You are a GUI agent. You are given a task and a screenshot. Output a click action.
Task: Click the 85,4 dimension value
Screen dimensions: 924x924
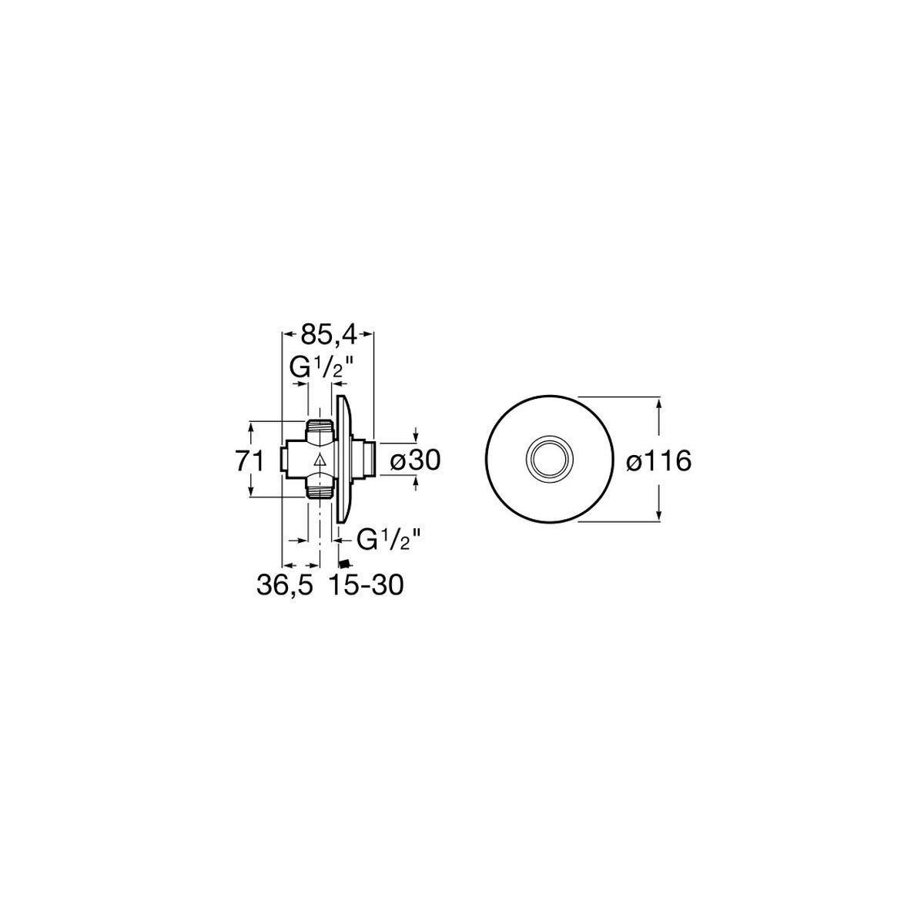click(x=329, y=336)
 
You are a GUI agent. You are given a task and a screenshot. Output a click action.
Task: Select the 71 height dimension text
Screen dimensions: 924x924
click(x=249, y=462)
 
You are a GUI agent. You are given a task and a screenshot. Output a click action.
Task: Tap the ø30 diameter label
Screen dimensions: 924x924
click(x=415, y=461)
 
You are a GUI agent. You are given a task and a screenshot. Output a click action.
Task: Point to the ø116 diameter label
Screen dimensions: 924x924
click(x=659, y=462)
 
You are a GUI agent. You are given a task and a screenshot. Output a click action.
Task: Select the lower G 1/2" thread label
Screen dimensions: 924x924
click(x=390, y=540)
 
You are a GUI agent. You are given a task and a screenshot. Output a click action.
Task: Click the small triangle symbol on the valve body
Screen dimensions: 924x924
click(x=320, y=461)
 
